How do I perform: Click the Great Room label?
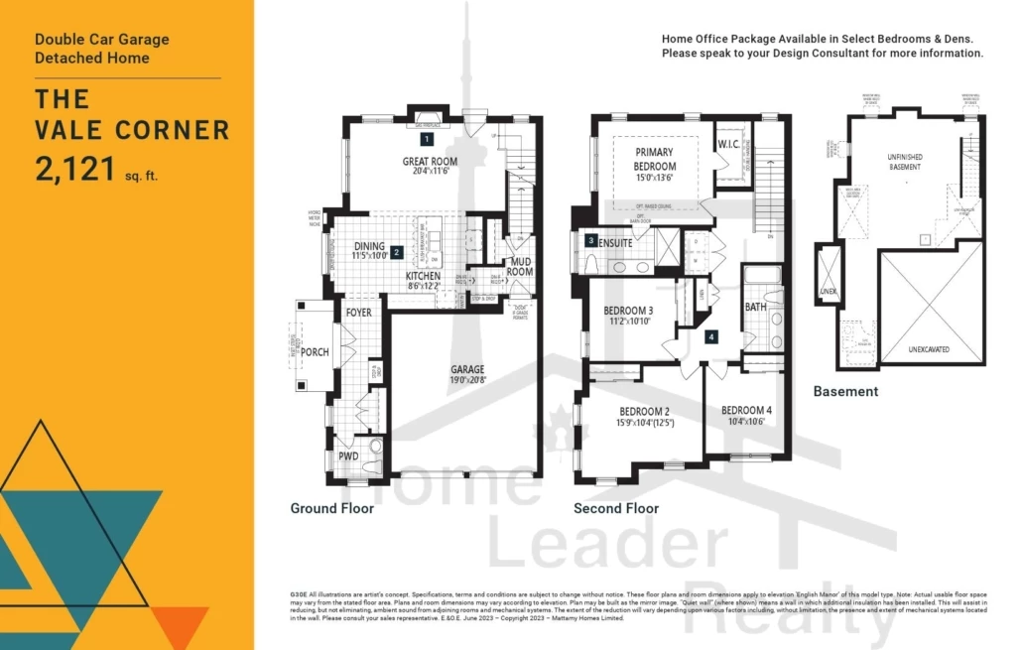[x=430, y=161]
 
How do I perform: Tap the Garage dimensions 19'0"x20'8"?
[x=467, y=381]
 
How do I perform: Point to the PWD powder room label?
[x=348, y=456]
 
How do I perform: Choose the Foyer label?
[x=358, y=313]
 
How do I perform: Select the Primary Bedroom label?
[x=655, y=160]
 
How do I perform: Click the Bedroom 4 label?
[x=745, y=410]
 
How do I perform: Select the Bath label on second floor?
[x=755, y=308]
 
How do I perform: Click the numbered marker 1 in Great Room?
[x=427, y=141]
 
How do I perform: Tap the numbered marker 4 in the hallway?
[x=710, y=337]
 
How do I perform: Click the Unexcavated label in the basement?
[x=930, y=350]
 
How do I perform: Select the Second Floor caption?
[x=615, y=508]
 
